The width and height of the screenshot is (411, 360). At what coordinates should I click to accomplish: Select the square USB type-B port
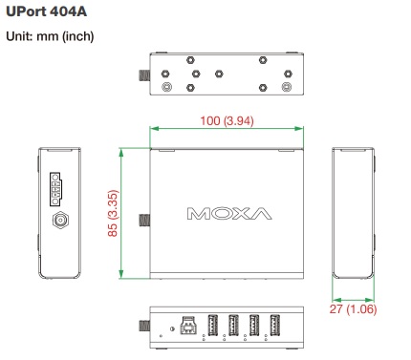click(188, 327)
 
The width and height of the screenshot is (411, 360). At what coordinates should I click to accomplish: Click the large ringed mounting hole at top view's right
click(284, 87)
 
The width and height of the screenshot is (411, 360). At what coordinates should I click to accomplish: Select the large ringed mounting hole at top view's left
click(168, 87)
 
